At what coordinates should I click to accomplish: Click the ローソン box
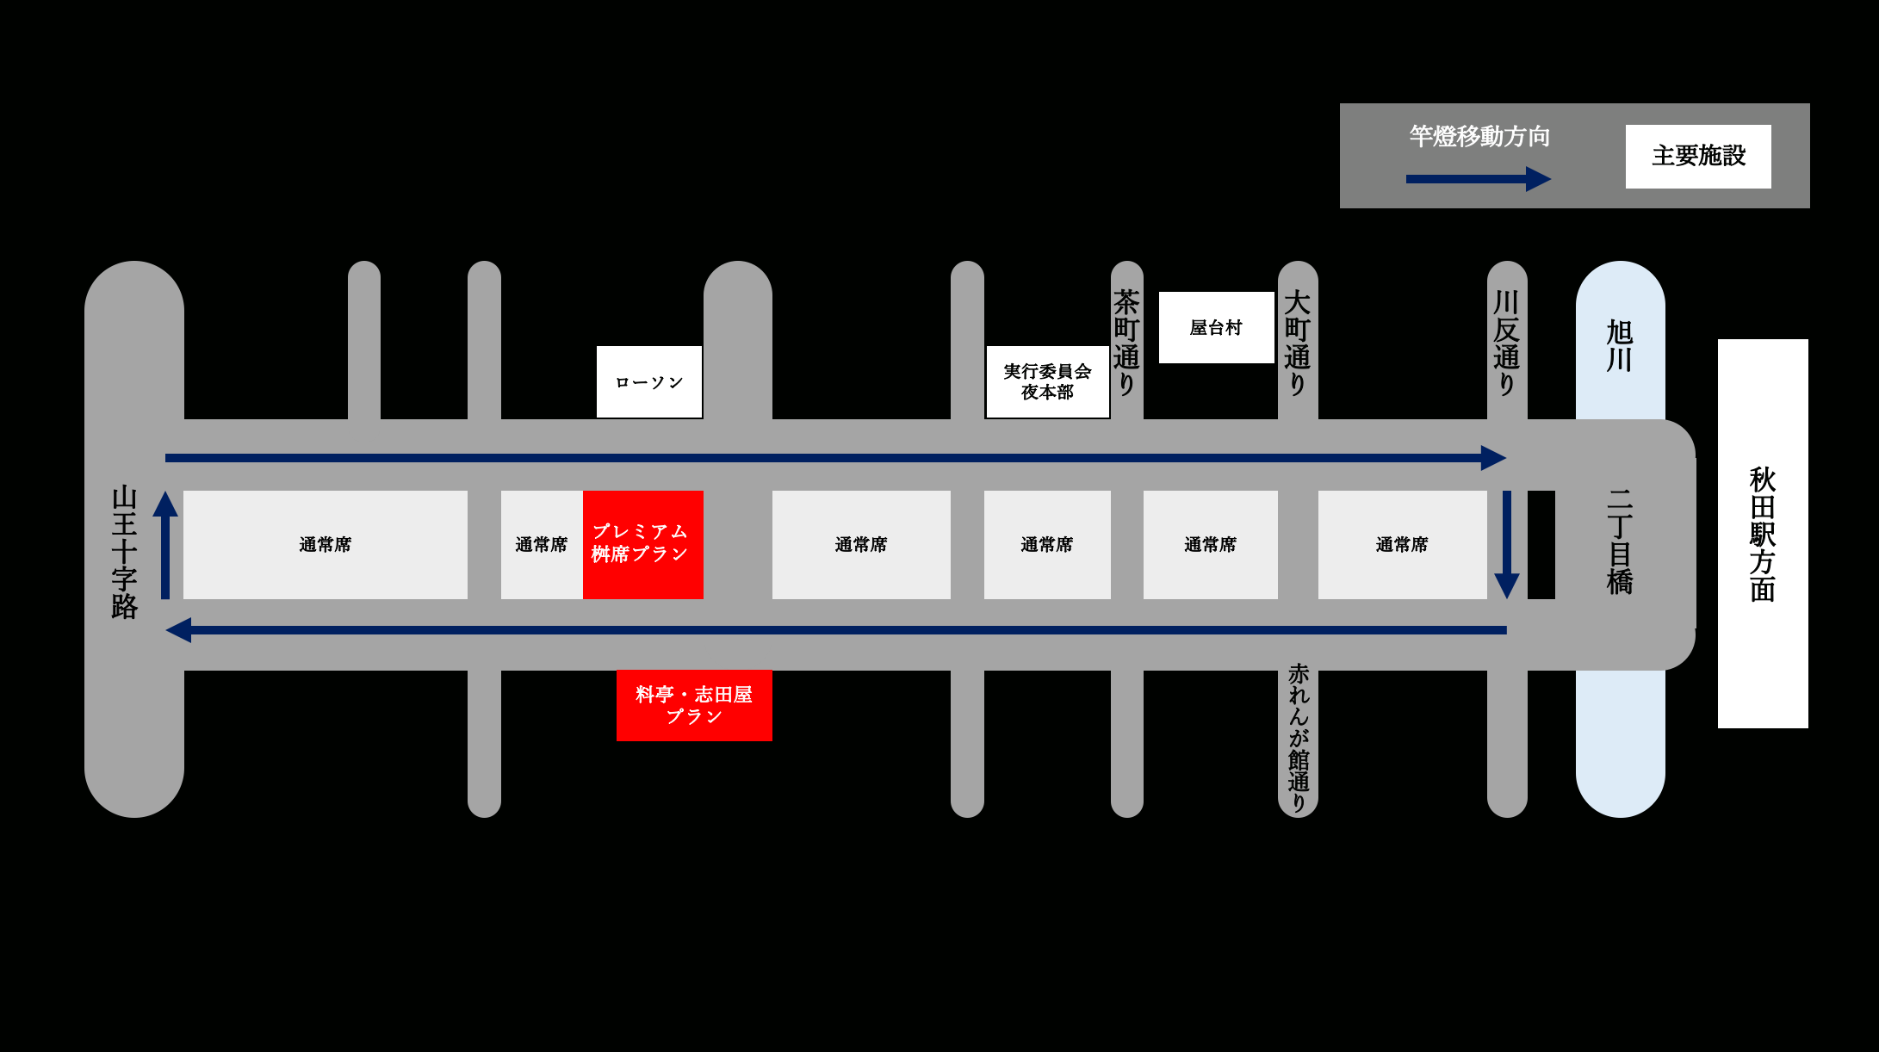pyautogui.click(x=649, y=382)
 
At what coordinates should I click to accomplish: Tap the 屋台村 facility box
pyautogui.click(x=1216, y=327)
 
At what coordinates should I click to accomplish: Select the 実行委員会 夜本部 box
pyautogui.click(x=1047, y=381)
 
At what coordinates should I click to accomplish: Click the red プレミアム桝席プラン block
pyautogui.click(x=642, y=544)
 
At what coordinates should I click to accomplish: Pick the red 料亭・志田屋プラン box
pyautogui.click(x=694, y=705)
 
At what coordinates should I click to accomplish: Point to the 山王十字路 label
pyautogui.click(x=125, y=552)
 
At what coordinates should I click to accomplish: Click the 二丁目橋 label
pyautogui.click(x=1620, y=541)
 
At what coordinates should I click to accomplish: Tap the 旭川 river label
pyautogui.click(x=1620, y=345)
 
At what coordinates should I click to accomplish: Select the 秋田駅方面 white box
pyautogui.click(x=1763, y=534)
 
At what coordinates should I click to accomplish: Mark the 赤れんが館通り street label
pyautogui.click(x=1298, y=738)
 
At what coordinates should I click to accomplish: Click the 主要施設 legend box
pyautogui.click(x=1698, y=156)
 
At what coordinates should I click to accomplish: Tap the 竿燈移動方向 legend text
pyautogui.click(x=1479, y=136)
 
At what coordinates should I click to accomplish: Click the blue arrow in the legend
pyautogui.click(x=1478, y=179)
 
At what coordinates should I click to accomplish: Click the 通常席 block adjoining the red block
pyautogui.click(x=542, y=544)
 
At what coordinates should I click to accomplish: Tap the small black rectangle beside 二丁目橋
pyautogui.click(x=1541, y=544)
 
